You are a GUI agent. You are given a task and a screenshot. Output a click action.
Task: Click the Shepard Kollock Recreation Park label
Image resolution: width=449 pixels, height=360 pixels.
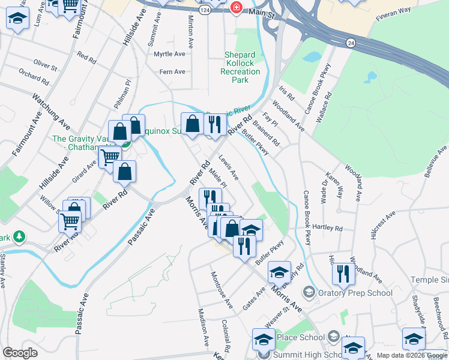point(243,67)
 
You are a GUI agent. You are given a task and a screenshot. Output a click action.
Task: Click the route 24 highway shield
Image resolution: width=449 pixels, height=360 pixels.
point(351,43)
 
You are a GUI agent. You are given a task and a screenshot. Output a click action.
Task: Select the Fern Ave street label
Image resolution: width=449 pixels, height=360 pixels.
point(172,72)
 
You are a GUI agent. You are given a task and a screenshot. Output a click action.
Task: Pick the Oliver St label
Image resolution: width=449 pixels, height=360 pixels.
point(44,64)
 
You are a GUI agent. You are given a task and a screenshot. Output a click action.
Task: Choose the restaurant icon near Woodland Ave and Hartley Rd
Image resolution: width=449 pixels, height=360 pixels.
point(343,274)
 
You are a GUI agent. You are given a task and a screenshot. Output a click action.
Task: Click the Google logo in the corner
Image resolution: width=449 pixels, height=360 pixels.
point(20,353)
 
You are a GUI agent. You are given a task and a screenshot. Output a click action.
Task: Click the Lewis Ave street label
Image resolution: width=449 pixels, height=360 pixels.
point(228,168)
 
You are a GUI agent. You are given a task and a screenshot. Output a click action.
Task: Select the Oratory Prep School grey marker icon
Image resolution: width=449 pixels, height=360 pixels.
point(309,292)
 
